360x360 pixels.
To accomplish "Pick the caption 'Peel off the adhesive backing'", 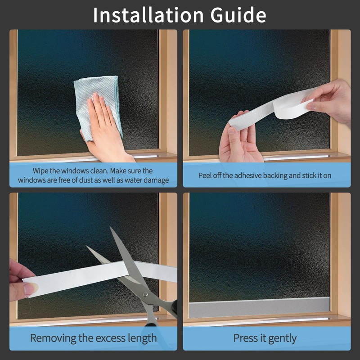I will pos(265,175).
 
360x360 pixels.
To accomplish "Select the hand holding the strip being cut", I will pos(20,281).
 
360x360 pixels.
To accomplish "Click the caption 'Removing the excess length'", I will pos(93,338).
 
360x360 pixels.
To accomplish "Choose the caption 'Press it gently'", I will pos(265,338).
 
